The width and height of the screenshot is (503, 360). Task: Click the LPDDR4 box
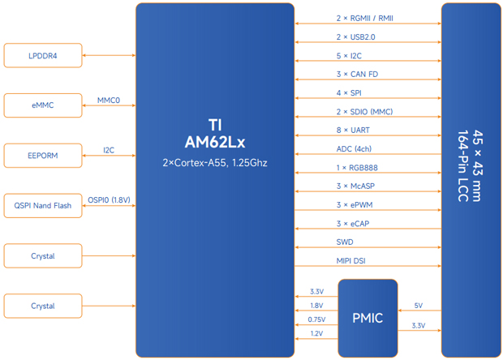coord(43,55)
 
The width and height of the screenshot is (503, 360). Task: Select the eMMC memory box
coord(43,105)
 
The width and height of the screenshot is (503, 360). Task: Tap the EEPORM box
coord(43,156)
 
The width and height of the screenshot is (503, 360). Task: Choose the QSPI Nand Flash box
coord(43,206)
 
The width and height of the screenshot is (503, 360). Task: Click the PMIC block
coord(368,318)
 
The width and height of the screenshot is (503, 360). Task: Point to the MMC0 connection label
coord(109,101)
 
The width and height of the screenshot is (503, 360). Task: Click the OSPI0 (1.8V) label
coord(109,200)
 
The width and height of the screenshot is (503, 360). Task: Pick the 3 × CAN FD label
coord(357,75)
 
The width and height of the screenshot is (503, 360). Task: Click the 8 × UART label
coord(354,131)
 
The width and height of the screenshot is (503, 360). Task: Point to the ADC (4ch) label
coord(354,149)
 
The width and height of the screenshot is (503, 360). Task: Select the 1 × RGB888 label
coord(357,168)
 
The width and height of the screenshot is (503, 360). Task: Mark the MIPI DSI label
coord(351,260)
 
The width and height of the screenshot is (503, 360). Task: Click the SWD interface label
coord(345,242)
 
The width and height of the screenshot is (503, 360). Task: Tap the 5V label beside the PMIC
coord(418,306)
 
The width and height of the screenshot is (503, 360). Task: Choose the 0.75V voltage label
coord(316,319)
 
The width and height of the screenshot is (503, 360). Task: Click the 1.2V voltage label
coord(316,333)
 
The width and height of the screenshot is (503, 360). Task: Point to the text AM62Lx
coord(214,142)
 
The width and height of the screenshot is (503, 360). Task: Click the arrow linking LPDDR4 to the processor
coord(109,55)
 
